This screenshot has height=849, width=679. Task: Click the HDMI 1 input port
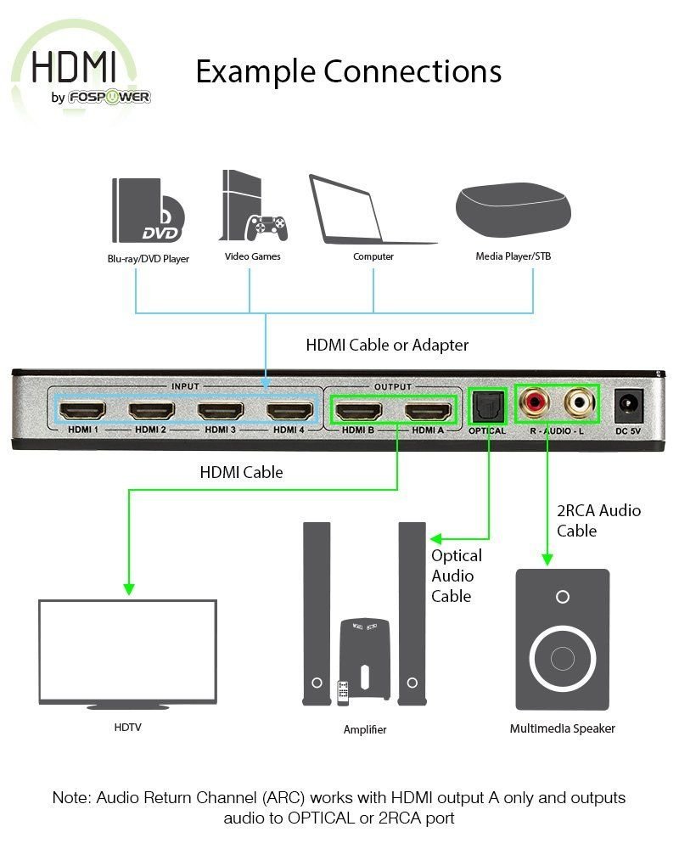(x=82, y=410)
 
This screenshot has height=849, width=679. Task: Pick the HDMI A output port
(x=428, y=411)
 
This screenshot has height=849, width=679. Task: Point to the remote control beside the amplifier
(x=343, y=693)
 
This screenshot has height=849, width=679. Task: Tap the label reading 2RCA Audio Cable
(x=598, y=520)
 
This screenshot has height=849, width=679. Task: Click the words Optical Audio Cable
(x=457, y=576)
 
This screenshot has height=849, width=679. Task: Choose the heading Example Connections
(x=348, y=71)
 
